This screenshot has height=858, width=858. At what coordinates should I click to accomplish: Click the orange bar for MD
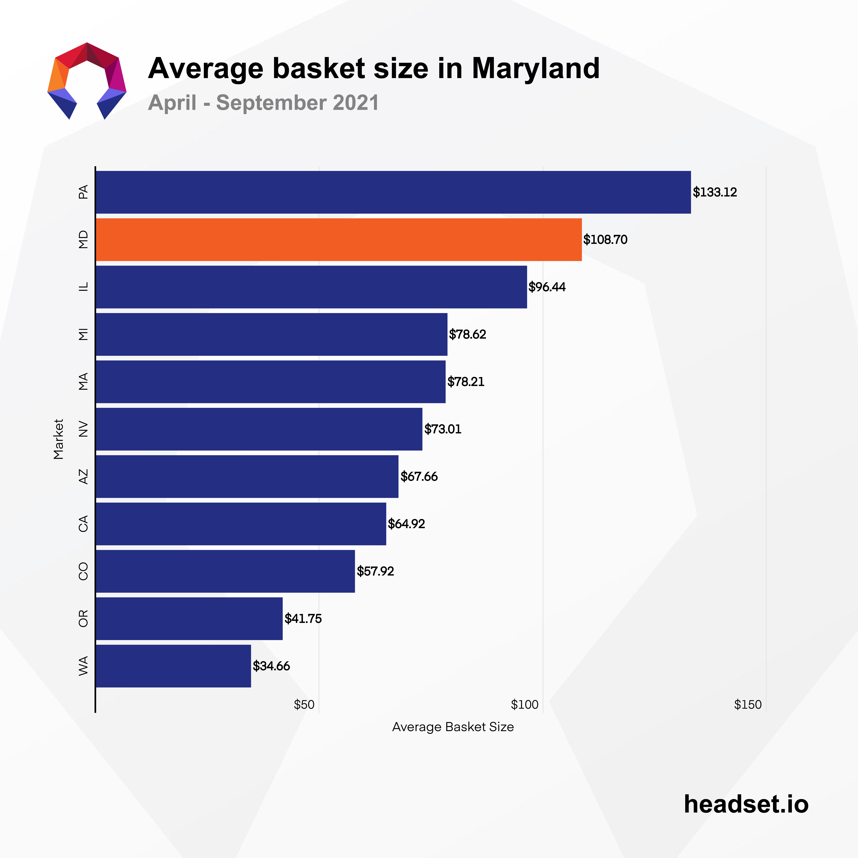click(x=338, y=239)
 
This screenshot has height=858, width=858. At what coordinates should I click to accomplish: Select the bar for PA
click(x=393, y=192)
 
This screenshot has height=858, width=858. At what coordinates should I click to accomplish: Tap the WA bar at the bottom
click(x=173, y=666)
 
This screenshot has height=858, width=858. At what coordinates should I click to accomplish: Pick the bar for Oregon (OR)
click(x=189, y=618)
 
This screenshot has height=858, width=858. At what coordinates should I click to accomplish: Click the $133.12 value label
click(x=715, y=192)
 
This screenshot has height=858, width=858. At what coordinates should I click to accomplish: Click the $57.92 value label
click(x=375, y=571)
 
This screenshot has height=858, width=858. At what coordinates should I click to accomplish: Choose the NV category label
click(x=83, y=429)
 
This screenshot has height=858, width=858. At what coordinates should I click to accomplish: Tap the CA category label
click(x=83, y=524)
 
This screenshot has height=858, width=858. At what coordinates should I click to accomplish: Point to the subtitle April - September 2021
click(x=263, y=103)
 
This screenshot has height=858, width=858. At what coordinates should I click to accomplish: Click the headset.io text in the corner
click(x=746, y=804)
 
